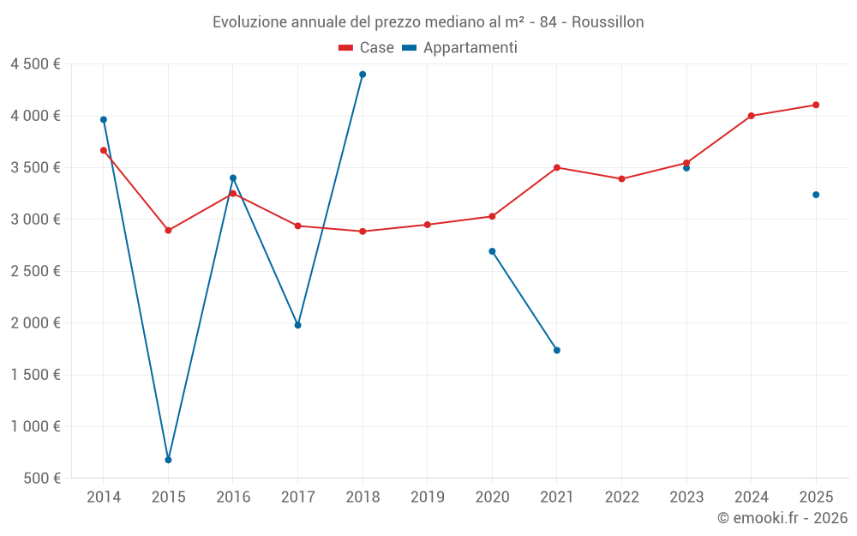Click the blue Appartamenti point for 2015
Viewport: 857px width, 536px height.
tap(168, 460)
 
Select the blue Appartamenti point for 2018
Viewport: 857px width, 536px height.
tap(363, 75)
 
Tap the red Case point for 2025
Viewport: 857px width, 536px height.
tap(816, 105)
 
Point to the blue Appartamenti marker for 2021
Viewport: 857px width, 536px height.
tap(557, 350)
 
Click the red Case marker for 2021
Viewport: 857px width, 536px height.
tap(557, 167)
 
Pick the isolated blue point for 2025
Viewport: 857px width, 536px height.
tap(816, 195)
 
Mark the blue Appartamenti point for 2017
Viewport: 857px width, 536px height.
tap(297, 325)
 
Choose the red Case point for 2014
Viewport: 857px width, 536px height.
tap(104, 150)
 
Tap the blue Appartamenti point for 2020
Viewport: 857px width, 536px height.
tap(492, 251)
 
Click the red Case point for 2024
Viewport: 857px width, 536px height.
tap(751, 116)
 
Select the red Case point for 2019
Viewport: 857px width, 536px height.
tap(428, 225)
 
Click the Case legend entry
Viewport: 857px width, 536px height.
tap(366, 48)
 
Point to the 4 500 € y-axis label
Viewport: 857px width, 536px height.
tap(35, 64)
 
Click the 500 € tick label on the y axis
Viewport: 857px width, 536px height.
tap(41, 479)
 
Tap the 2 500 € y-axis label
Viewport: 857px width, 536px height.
tap(35, 271)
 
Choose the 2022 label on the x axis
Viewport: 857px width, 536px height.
tap(621, 497)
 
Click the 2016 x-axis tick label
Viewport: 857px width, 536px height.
tap(233, 497)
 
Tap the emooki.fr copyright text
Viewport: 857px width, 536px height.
tap(782, 518)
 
